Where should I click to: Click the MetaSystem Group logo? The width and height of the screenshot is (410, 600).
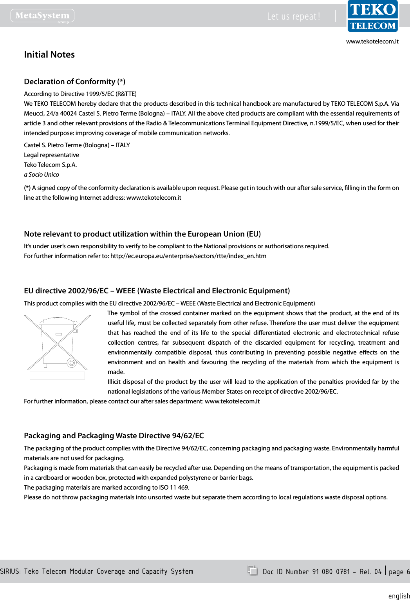42,16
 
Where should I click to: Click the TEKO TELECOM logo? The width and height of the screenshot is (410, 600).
373,16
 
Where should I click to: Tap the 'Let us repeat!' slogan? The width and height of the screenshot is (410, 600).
294,16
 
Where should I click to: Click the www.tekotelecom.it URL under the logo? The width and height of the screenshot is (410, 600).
372,42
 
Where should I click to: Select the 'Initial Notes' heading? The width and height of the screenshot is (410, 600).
49,54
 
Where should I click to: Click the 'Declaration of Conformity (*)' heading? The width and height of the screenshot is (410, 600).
74,81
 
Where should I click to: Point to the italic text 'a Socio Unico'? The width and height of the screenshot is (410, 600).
42,175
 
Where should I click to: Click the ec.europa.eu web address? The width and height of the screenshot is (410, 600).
188,256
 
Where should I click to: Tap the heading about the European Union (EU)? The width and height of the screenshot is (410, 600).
142,234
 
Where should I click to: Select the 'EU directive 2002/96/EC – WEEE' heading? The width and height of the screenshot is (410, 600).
157,291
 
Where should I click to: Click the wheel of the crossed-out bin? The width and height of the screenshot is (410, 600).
72,363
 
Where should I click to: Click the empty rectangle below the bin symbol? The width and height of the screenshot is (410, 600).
57,375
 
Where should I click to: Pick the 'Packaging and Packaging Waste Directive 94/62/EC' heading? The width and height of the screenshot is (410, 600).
114,436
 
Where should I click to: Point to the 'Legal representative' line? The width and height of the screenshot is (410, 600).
51,155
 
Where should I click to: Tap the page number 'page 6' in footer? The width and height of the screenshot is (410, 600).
399,572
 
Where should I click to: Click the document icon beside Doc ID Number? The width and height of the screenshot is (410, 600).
253,570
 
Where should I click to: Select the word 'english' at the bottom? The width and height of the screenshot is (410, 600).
399,596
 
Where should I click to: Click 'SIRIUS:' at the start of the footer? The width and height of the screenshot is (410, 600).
11,571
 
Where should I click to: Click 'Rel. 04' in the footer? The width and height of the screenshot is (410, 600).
370,572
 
